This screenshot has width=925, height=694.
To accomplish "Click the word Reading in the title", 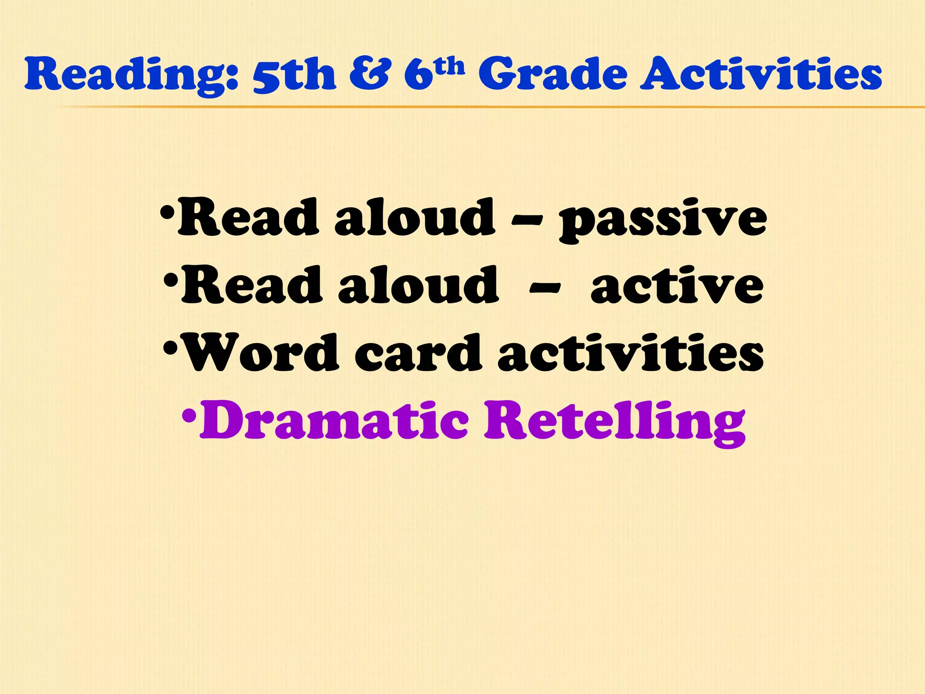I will (131, 75).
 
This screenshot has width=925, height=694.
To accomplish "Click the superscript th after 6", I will (447, 66).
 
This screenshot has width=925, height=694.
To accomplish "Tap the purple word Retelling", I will (614, 421).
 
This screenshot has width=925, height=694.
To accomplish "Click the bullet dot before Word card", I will (171, 348).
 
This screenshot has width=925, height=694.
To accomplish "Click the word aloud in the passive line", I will (415, 218).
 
